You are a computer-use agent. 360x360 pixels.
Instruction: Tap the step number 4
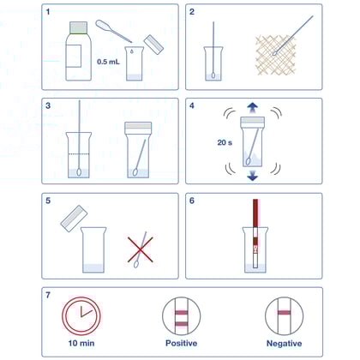194,108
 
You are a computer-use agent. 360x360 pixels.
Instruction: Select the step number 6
194,202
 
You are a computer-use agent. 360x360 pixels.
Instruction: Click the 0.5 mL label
108,62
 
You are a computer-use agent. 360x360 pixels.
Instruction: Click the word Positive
181,344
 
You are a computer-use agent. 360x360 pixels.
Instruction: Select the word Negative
283,344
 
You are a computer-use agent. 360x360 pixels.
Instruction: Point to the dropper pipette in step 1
115,33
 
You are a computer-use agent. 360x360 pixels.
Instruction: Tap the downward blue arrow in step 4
254,177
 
